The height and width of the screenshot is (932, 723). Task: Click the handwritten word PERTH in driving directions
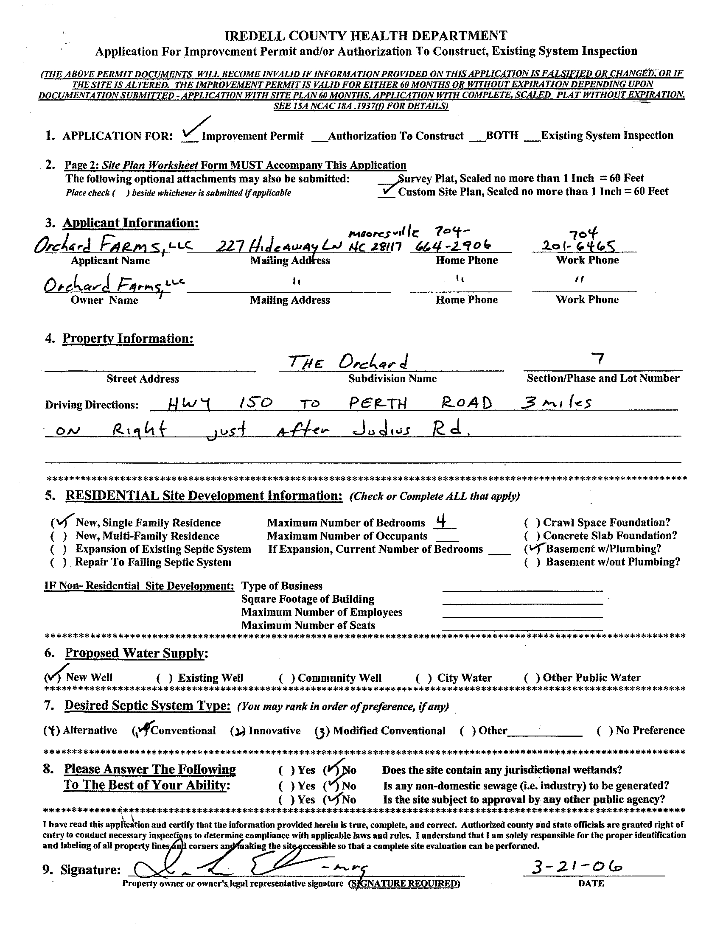[x=378, y=403]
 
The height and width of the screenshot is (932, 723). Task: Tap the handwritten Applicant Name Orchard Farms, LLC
[x=113, y=245]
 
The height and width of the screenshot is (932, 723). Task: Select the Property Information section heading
[x=128, y=339]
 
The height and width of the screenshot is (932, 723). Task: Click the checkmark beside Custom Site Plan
[x=388, y=191]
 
